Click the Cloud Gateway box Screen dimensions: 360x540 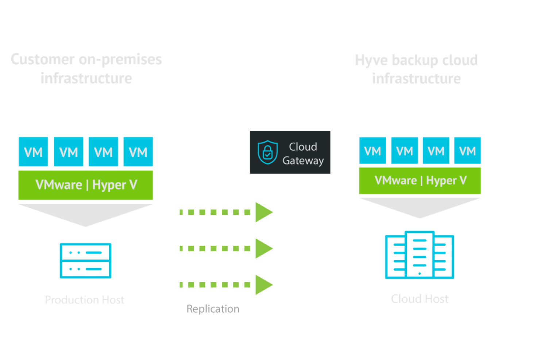point(290,152)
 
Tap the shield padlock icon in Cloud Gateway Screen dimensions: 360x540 point(267,152)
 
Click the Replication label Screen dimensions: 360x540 point(213,309)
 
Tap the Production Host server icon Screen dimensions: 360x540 point(85,260)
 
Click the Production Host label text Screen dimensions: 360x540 point(84,300)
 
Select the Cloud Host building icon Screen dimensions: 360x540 point(420,255)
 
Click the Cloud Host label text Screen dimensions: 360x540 point(420,299)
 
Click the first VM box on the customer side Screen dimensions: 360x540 point(33,152)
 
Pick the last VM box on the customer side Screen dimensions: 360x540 point(138,152)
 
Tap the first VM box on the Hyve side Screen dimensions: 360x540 point(373,151)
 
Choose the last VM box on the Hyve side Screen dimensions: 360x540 point(467,151)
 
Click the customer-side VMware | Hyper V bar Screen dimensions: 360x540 point(85,185)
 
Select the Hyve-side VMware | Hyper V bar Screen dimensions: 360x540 point(420,181)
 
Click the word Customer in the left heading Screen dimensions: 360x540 point(42,59)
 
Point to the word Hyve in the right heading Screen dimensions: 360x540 point(371,60)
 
